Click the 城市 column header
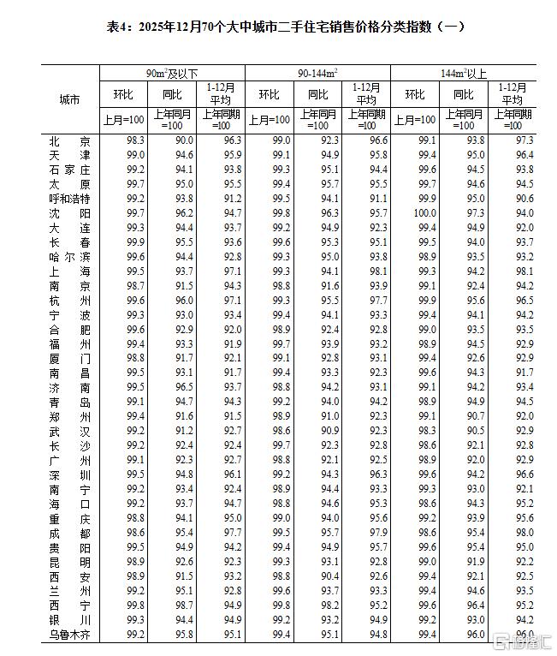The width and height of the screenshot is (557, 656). [70, 100]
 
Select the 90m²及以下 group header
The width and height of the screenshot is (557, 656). [172, 74]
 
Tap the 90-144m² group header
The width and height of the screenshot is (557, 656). [317, 74]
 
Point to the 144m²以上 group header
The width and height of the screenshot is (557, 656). [464, 74]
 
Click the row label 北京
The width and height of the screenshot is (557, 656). [70, 140]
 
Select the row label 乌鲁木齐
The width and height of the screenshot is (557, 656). [70, 635]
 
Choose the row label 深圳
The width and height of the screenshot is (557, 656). [70, 474]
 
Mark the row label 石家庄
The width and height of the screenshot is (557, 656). [70, 170]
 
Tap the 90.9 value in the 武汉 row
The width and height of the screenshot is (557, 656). [329, 431]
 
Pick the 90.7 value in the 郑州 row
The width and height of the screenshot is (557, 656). [477, 416]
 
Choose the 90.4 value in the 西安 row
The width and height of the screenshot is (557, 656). [329, 576]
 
